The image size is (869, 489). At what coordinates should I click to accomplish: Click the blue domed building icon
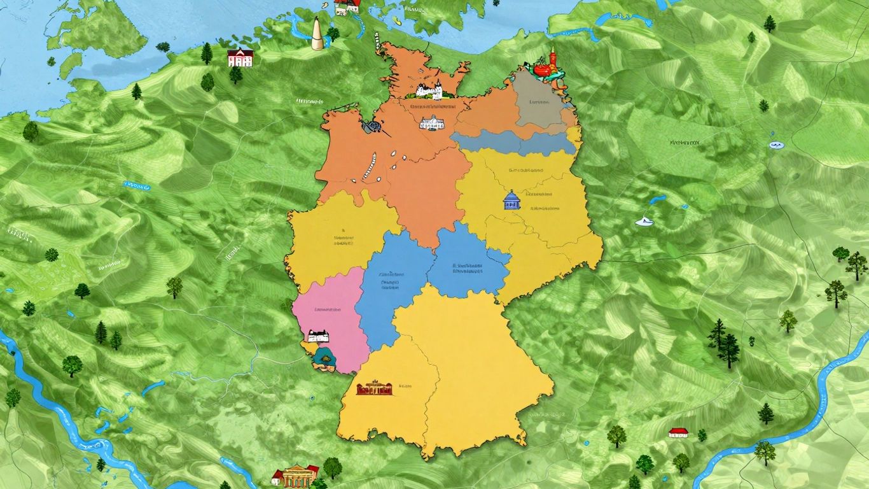coord(510,201)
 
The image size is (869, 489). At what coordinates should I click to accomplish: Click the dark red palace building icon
coord(374,388)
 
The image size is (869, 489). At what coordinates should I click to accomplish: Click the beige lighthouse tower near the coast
coord(316,33)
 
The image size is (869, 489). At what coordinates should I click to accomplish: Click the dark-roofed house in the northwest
coord(240,58)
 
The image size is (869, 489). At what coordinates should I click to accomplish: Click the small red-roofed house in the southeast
coord(679,433)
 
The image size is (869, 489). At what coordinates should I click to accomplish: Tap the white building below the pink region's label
coord(317,336)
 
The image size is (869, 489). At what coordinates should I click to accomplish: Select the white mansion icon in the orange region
coord(431,122)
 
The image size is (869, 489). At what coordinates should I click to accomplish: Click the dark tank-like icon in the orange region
coord(371,127)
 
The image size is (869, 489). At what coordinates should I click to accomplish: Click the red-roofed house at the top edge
coord(347,6)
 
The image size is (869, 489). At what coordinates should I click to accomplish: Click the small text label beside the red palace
coord(405,386)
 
